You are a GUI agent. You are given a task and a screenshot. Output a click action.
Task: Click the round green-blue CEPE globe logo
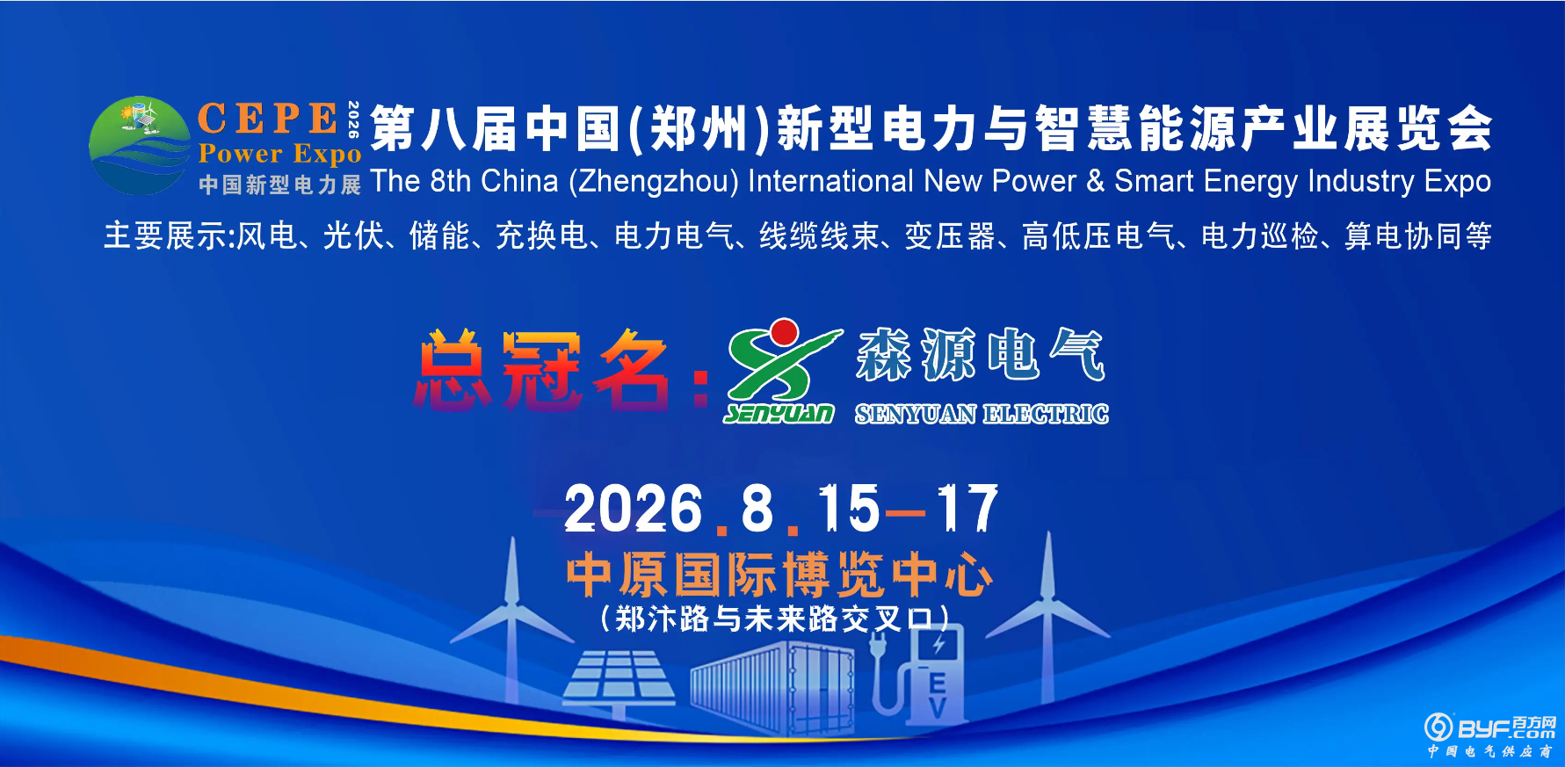[x=140, y=146]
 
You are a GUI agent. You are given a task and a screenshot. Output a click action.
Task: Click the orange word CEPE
[x=268, y=119]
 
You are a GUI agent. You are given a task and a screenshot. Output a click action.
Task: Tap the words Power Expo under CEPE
[x=279, y=154]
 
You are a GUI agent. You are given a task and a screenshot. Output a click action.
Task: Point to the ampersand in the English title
[x=1095, y=181]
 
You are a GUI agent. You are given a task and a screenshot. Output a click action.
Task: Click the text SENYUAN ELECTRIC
[x=982, y=414]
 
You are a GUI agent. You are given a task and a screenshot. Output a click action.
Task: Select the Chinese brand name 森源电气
[x=980, y=354]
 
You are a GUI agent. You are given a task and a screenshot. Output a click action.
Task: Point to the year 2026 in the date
[x=634, y=510]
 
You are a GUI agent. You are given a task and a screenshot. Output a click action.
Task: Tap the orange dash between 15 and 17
[x=906, y=513]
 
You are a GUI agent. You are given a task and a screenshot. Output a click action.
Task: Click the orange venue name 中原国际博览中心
[x=779, y=575]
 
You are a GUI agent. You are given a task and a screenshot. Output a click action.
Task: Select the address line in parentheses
[x=774, y=619]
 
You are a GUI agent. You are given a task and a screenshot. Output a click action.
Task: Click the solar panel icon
[x=619, y=681]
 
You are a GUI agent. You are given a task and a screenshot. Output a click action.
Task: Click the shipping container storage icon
[x=772, y=686]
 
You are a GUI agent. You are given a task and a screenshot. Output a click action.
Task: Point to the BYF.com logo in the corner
[x=1489, y=734]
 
